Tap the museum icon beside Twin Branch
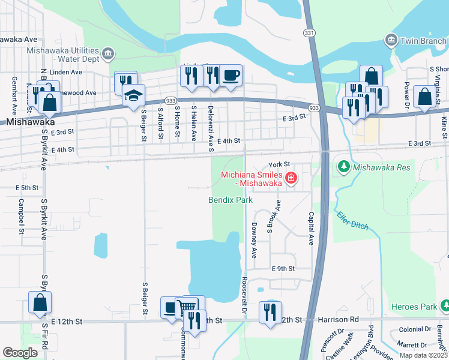pyautogui.click(x=390, y=40)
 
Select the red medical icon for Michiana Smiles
pyautogui.click(x=291, y=178)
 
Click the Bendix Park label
pyautogui.click(x=230, y=200)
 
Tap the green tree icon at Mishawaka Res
pyautogui.click(x=343, y=166)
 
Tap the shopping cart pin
pyautogui.click(x=188, y=307)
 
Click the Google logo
pyautogui.click(x=20, y=352)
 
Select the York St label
pyautogui.click(x=279, y=164)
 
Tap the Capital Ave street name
pyautogui.click(x=311, y=228)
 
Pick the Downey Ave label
pyautogui.click(x=254, y=240)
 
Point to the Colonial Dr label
pyautogui.click(x=411, y=329)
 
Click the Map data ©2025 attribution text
pyautogui.click(x=423, y=355)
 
